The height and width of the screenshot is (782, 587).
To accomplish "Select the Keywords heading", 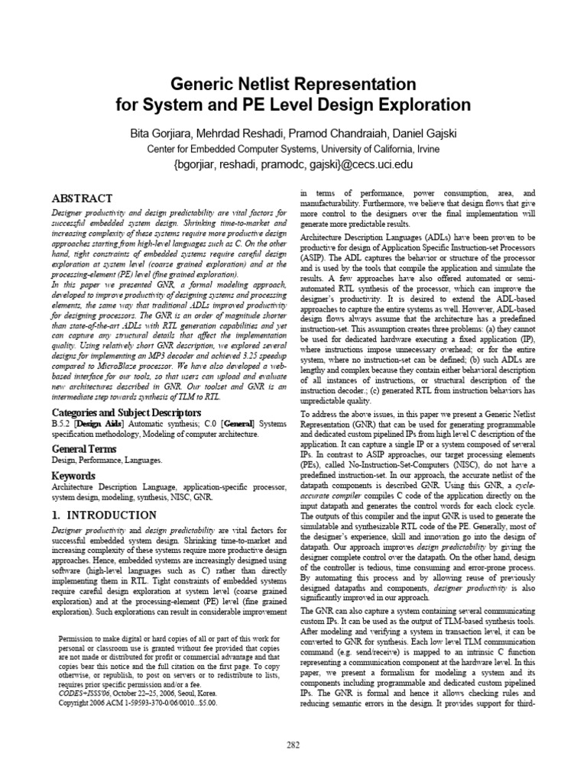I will (x=73, y=475).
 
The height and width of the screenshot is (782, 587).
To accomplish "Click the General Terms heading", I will (x=84, y=448).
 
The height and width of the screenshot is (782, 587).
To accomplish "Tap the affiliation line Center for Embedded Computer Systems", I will (x=293, y=149).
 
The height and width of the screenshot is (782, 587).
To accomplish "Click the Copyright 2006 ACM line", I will (x=138, y=702).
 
